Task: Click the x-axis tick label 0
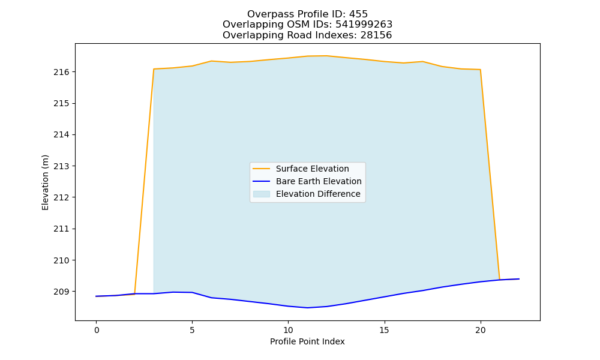[97, 330]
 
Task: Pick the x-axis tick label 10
[288, 330]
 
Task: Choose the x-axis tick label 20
[480, 330]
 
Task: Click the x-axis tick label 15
[384, 330]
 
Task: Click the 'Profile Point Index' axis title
[307, 341]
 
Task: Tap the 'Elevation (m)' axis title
[45, 182]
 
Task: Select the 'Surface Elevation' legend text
[312, 169]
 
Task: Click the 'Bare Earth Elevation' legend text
[319, 181]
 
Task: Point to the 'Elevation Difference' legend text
[318, 194]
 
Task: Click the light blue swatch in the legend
[262, 194]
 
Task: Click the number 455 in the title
[358, 14]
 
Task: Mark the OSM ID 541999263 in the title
[364, 25]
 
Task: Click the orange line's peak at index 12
[326, 56]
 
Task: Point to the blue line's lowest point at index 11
[307, 308]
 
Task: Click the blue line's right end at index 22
[519, 279]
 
